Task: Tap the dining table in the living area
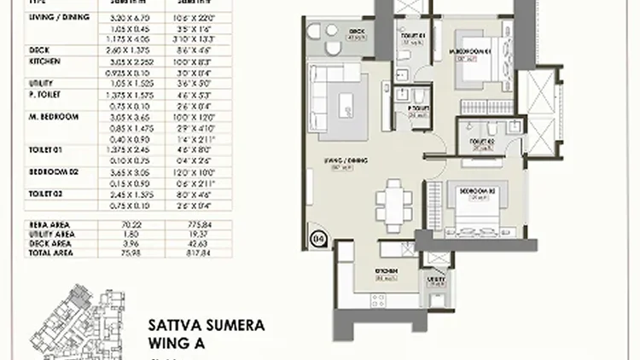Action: pos(393,204)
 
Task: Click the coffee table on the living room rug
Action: pos(346,104)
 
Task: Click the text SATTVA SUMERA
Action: pos(206,326)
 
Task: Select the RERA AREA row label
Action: pos(52,225)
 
